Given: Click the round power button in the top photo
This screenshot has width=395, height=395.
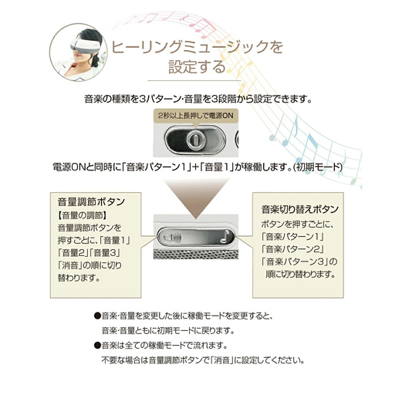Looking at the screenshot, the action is (196, 140).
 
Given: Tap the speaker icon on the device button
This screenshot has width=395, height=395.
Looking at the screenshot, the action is (173, 237).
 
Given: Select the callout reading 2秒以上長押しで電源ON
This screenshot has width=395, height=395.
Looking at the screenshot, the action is (196, 116).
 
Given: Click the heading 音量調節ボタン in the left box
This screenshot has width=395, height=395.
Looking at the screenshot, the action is (91, 202).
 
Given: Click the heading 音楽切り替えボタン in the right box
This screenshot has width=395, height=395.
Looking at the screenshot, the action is (300, 209).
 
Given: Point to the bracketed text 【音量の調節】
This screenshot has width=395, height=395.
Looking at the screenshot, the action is (83, 215).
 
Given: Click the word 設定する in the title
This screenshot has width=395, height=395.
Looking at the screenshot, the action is (197, 67).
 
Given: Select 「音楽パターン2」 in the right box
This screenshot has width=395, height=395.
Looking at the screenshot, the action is (292, 249).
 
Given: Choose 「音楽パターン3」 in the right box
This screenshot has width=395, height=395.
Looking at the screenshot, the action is (295, 262).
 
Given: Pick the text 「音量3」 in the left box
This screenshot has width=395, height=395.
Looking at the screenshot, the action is (106, 253).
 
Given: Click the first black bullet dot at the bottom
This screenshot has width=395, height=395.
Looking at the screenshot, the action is (97, 316).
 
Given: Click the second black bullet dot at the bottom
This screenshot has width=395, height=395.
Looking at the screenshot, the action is (97, 346).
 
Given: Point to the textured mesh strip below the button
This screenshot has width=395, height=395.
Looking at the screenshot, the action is (196, 254).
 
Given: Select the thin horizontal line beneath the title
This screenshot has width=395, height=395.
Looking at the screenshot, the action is (194, 80).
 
